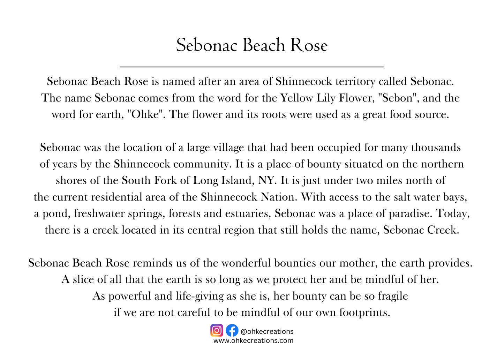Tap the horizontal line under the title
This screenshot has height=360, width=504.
point(251,66)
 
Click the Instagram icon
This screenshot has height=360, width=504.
point(217,330)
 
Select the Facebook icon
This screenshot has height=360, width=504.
point(232,330)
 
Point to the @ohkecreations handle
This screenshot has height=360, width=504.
point(267,331)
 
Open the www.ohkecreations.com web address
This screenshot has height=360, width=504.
point(253,340)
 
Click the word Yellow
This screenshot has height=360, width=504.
point(297,98)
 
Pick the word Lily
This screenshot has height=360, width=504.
point(325,98)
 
